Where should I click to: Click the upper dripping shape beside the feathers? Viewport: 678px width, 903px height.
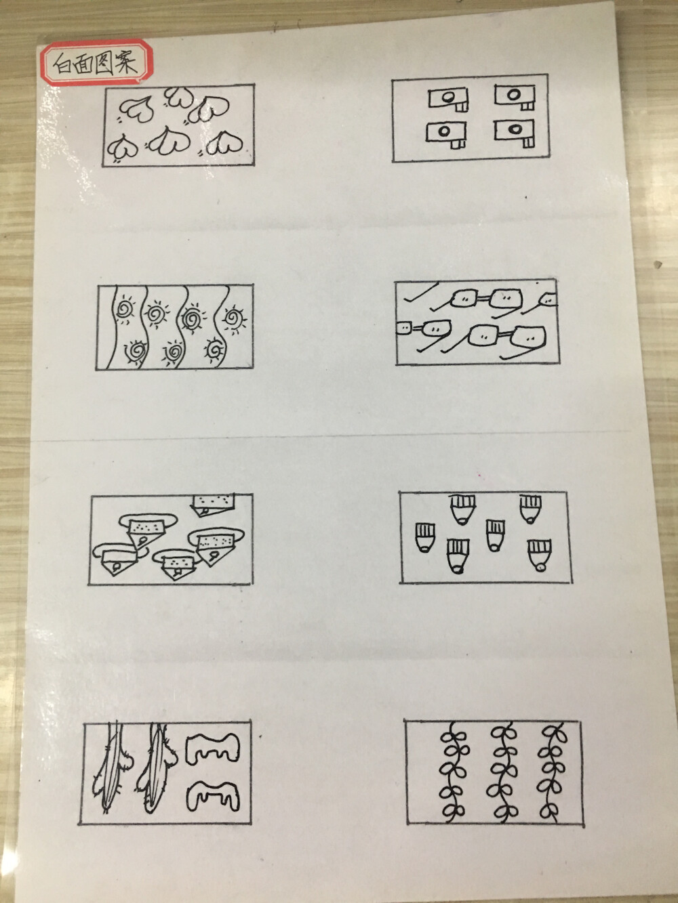tap(212, 748)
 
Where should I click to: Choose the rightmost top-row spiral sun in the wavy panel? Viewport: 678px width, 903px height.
tap(235, 316)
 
